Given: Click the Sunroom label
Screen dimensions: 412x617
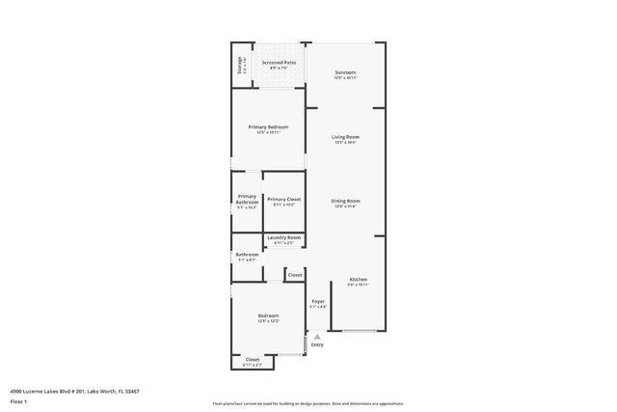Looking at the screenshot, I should pos(345,73).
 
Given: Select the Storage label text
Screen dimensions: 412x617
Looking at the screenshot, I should pos(239,66).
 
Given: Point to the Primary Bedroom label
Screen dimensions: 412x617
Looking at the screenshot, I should pos(269,127).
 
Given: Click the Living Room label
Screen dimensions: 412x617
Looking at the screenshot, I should pos(345,138).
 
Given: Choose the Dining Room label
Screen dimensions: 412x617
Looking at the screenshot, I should pos(345,201).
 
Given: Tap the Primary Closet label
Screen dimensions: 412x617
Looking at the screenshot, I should pos(284,199).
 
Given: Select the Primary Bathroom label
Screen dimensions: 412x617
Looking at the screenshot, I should pos(247,200).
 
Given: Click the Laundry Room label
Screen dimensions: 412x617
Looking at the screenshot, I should pos(283,237).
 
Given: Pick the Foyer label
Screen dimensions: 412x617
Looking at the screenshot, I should pos(317,302).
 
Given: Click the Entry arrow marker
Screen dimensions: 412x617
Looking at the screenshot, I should pos(317,336).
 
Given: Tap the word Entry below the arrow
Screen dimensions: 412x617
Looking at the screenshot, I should pos(317,344).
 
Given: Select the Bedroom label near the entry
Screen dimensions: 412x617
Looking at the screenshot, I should pos(268,316).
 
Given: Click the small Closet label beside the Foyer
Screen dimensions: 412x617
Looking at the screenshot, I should pos(295,275).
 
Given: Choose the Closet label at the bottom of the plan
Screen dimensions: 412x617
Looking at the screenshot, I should pos(252,360).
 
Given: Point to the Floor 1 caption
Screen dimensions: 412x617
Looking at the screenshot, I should pos(18,400).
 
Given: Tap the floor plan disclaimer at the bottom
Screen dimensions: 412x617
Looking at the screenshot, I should pos(308,403).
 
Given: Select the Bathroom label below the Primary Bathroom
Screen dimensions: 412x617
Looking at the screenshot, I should pos(247,255).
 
